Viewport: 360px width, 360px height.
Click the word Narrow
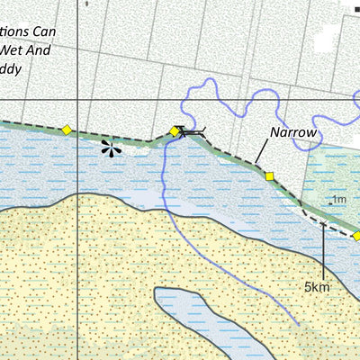(x=293, y=133)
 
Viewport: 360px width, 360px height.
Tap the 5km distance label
(x=317, y=287)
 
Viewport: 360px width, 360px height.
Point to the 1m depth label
(x=339, y=200)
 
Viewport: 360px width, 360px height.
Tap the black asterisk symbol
(x=111, y=149)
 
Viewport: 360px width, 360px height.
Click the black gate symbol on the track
(x=190, y=133)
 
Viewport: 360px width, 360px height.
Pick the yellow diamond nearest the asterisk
(x=66, y=130)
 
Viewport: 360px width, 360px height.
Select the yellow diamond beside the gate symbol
(x=175, y=131)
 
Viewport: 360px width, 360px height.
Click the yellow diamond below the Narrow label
(x=268, y=175)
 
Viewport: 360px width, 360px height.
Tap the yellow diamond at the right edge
(x=356, y=235)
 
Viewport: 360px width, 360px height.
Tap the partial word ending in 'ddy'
(x=11, y=68)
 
